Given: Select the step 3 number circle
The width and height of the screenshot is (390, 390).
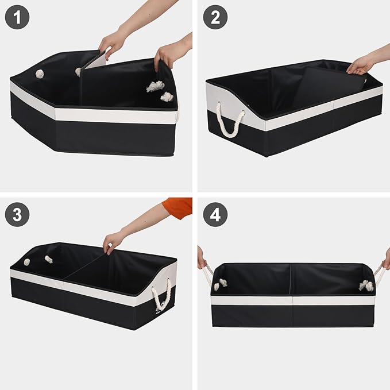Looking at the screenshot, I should tap(17, 215).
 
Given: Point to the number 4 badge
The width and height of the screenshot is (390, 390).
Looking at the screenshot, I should tap(215, 215).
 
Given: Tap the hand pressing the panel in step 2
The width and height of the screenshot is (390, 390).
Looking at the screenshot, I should tap(361, 65).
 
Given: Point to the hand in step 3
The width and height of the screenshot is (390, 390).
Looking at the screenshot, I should tap(114, 240).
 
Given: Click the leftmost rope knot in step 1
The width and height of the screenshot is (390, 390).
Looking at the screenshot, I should tap(40, 74).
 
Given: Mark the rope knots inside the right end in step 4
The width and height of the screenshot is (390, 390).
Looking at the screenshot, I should tap(366, 285).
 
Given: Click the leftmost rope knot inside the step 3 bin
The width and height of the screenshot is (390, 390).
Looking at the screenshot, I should tap(26, 262).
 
